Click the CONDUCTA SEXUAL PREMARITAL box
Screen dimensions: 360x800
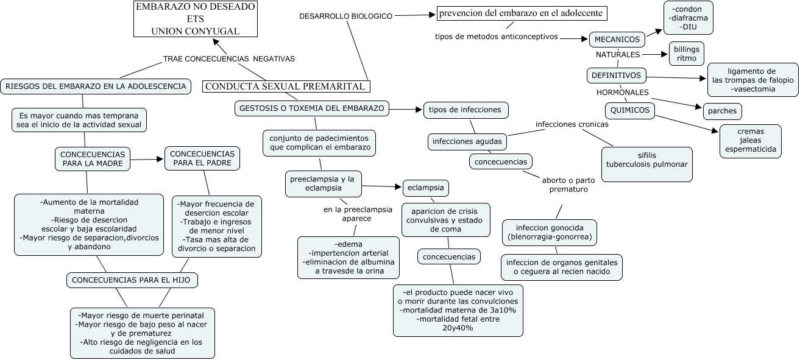tap(286, 86)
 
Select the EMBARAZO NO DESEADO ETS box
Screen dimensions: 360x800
tap(187, 18)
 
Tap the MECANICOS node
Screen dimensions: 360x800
tap(617, 40)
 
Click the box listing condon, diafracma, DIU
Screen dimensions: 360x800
tap(688, 18)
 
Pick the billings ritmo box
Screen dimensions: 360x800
tap(687, 54)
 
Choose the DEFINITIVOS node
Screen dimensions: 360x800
tap(616, 76)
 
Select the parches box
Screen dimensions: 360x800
tap(722, 111)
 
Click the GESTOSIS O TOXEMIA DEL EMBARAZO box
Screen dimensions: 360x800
tap(311, 108)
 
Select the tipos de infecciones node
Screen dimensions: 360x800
tap(465, 110)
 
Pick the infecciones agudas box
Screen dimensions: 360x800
tap(467, 141)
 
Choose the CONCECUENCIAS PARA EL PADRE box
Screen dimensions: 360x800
tap(202, 158)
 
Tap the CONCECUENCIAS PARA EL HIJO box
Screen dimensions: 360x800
tap(132, 280)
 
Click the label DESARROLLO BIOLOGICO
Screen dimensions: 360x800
tap(345, 16)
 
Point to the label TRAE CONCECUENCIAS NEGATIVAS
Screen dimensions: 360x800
tap(229, 59)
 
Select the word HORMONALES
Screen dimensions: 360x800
tap(622, 93)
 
